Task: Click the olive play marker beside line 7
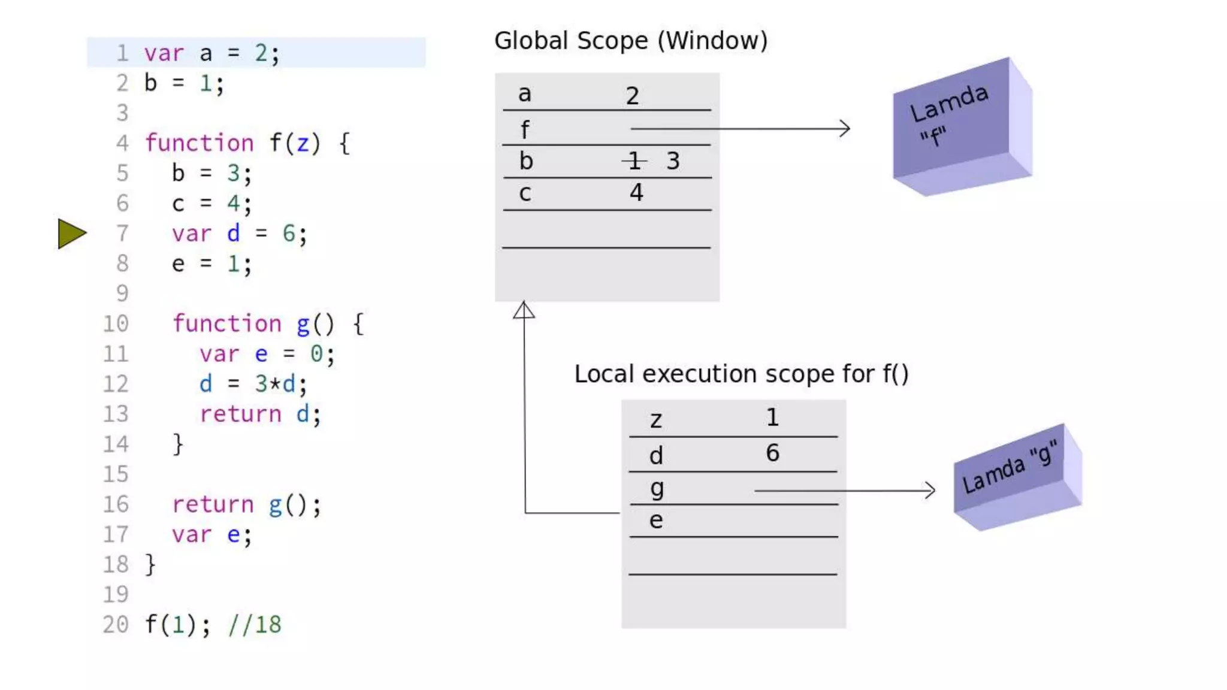pyautogui.click(x=71, y=233)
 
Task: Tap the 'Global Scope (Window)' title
pyautogui.click(x=630, y=41)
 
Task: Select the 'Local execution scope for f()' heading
pyautogui.click(x=741, y=374)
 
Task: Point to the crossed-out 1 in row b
pyautogui.click(x=634, y=161)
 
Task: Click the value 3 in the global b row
pyautogui.click(x=673, y=161)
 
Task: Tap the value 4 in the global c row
pyautogui.click(x=636, y=192)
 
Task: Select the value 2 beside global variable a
pyautogui.click(x=632, y=96)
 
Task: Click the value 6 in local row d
pyautogui.click(x=772, y=453)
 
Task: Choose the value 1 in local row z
pyautogui.click(x=772, y=417)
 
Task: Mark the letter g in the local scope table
pyautogui.click(x=657, y=489)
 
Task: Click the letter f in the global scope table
pyautogui.click(x=525, y=129)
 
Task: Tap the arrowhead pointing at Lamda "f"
pyautogui.click(x=845, y=128)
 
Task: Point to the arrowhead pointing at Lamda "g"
pyautogui.click(x=930, y=491)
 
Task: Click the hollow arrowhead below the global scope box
pyautogui.click(x=524, y=310)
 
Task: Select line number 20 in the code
pyautogui.click(x=116, y=624)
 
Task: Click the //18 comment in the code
pyautogui.click(x=255, y=624)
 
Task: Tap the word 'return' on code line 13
pyautogui.click(x=240, y=414)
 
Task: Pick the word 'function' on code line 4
pyautogui.click(x=200, y=143)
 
